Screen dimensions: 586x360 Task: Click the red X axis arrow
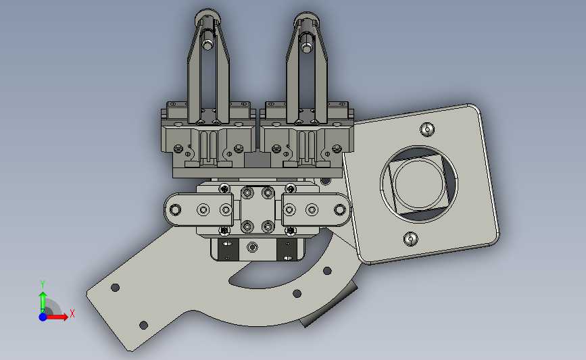click(x=56, y=317)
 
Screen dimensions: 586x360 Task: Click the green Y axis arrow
click(x=43, y=303)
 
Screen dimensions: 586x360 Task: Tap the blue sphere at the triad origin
click(x=43, y=317)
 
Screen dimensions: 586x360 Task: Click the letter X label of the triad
click(x=72, y=313)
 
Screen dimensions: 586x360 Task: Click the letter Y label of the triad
click(x=43, y=284)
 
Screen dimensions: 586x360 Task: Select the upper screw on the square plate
click(x=426, y=130)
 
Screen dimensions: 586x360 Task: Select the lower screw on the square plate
click(x=411, y=238)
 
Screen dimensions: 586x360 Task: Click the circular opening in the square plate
click(x=419, y=183)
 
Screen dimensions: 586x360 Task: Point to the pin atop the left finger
click(x=207, y=41)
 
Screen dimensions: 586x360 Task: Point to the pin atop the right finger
click(x=307, y=43)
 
